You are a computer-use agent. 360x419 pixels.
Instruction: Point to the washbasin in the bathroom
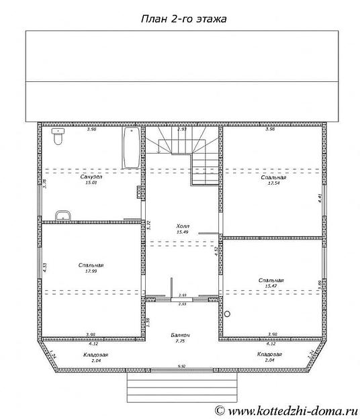pyautogui.click(x=62, y=215)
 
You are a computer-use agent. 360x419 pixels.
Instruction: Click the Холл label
pyautogui.click(x=181, y=226)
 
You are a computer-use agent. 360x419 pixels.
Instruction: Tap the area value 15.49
pyautogui.click(x=181, y=232)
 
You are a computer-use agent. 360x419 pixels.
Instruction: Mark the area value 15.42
pyautogui.click(x=270, y=286)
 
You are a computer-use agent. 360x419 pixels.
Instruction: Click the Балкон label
pyautogui.click(x=179, y=335)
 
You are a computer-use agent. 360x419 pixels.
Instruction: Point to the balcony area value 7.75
pyautogui.click(x=179, y=341)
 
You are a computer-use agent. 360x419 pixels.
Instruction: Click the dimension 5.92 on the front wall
pyautogui.click(x=181, y=366)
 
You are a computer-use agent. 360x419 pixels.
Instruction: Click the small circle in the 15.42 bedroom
pyautogui.click(x=227, y=313)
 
